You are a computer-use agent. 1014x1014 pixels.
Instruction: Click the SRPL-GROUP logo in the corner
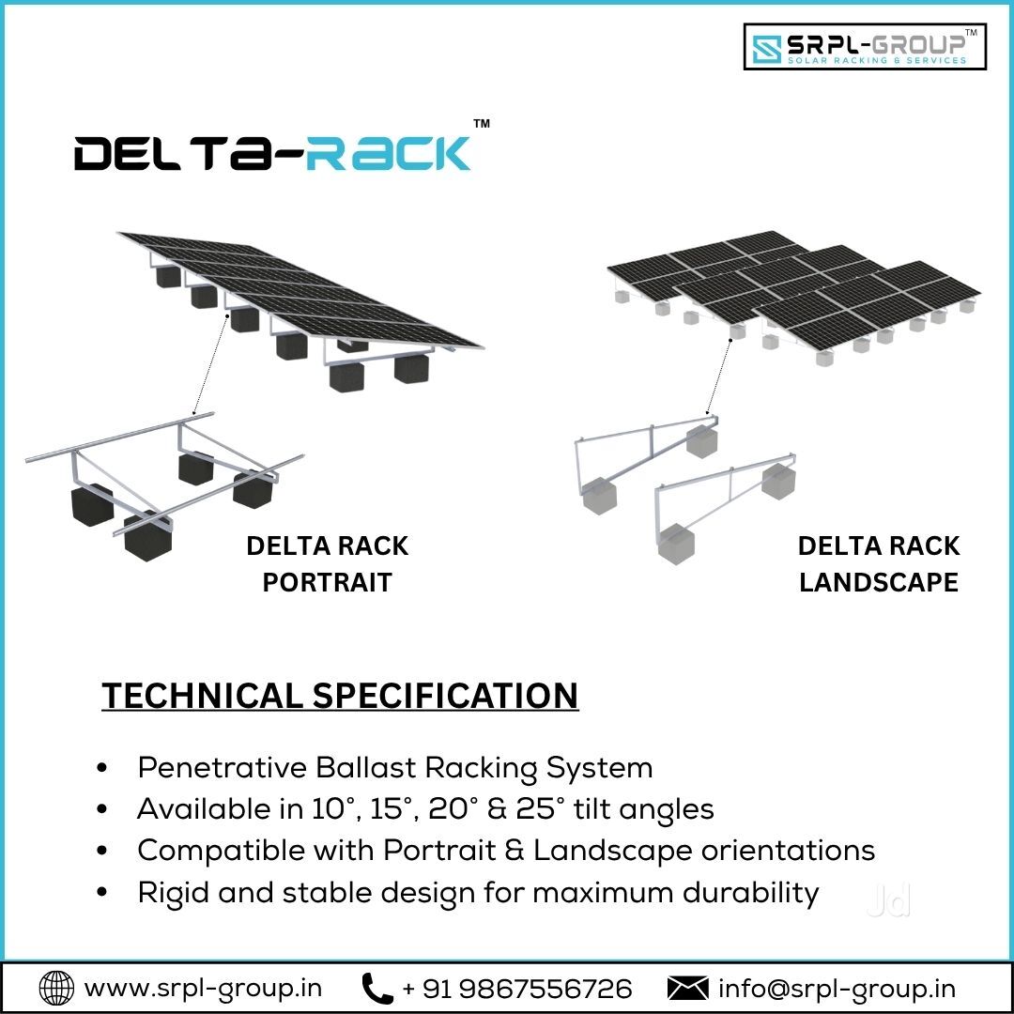tap(865, 46)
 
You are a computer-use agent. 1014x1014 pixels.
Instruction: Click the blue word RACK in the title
tap(388, 153)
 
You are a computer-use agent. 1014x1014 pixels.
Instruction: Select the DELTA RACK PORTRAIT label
tap(328, 564)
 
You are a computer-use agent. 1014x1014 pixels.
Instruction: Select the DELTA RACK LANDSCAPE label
tap(879, 564)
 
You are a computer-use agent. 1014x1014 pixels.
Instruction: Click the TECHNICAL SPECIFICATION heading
tap(340, 696)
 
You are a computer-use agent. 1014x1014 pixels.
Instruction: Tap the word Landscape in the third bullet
tap(612, 851)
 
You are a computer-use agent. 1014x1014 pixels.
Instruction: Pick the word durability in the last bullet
tap(751, 893)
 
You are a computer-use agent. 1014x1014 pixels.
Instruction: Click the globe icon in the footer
tap(57, 988)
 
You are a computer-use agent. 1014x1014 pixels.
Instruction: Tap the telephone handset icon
tap(377, 988)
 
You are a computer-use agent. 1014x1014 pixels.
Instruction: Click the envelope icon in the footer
tap(687, 989)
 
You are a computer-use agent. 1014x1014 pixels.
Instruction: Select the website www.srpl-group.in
tap(203, 989)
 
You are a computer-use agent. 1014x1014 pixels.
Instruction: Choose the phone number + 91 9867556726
tap(516, 989)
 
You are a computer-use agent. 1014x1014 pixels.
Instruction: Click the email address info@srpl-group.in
tap(837, 989)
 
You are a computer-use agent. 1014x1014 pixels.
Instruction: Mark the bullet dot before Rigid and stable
tap(101, 893)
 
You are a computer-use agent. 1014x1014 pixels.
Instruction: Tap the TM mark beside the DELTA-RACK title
tap(482, 124)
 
